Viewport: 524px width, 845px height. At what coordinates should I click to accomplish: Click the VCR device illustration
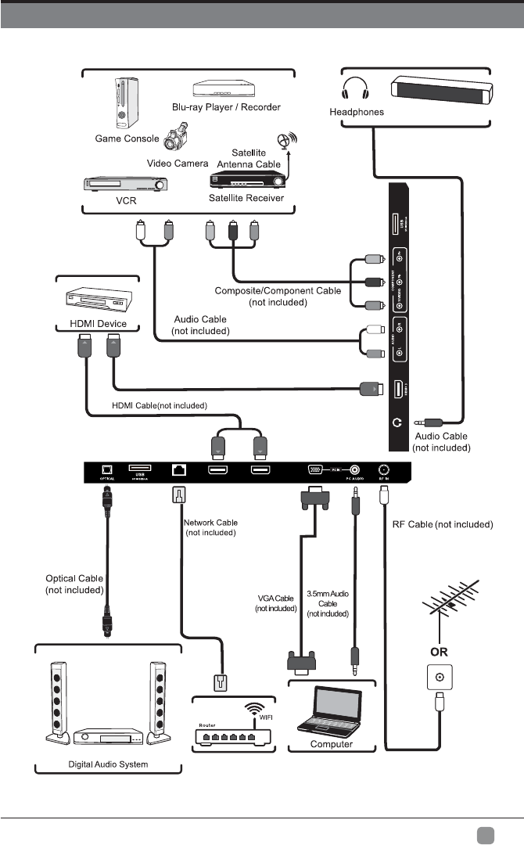(x=126, y=185)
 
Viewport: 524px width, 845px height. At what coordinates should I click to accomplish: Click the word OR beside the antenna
(x=439, y=650)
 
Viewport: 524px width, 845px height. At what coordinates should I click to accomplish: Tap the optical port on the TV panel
(x=104, y=471)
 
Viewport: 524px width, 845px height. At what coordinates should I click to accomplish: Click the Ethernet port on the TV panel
(x=178, y=471)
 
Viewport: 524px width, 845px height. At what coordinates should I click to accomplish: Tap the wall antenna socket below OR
(x=439, y=677)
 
